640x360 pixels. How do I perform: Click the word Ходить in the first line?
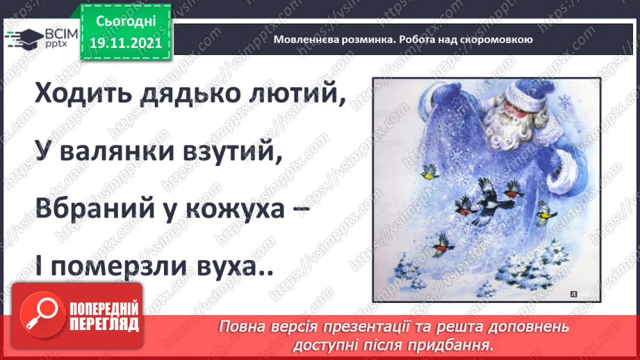click(76, 94)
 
